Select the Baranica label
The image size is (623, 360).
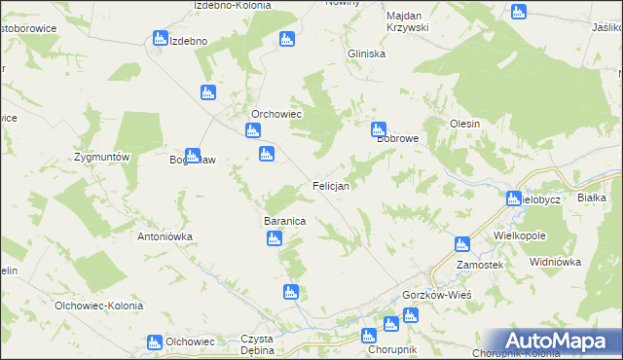pyautogui.click(x=285, y=222)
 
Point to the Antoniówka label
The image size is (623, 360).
pyautogui.click(x=165, y=236)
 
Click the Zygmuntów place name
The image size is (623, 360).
pyautogui.click(x=102, y=158)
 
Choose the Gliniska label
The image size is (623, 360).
pyautogui.click(x=366, y=54)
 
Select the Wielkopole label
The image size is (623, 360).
pyautogui.click(x=520, y=236)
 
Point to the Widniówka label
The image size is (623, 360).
pyautogui.click(x=555, y=262)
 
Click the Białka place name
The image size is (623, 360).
pyautogui.click(x=592, y=198)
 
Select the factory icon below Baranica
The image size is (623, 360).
pyautogui.click(x=275, y=238)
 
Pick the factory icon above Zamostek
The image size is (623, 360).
pyautogui.click(x=462, y=244)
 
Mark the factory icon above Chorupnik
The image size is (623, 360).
pyautogui.click(x=368, y=336)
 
